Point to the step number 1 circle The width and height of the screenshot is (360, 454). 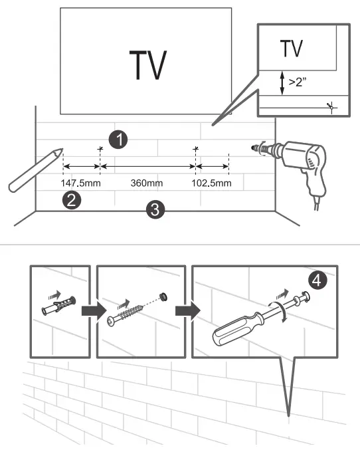pyautogui.click(x=119, y=139)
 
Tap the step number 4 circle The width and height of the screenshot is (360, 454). pyautogui.click(x=318, y=281)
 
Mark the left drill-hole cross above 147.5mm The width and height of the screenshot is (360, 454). pyautogui.click(x=100, y=149)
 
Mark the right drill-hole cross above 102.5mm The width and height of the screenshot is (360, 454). pyautogui.click(x=195, y=149)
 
